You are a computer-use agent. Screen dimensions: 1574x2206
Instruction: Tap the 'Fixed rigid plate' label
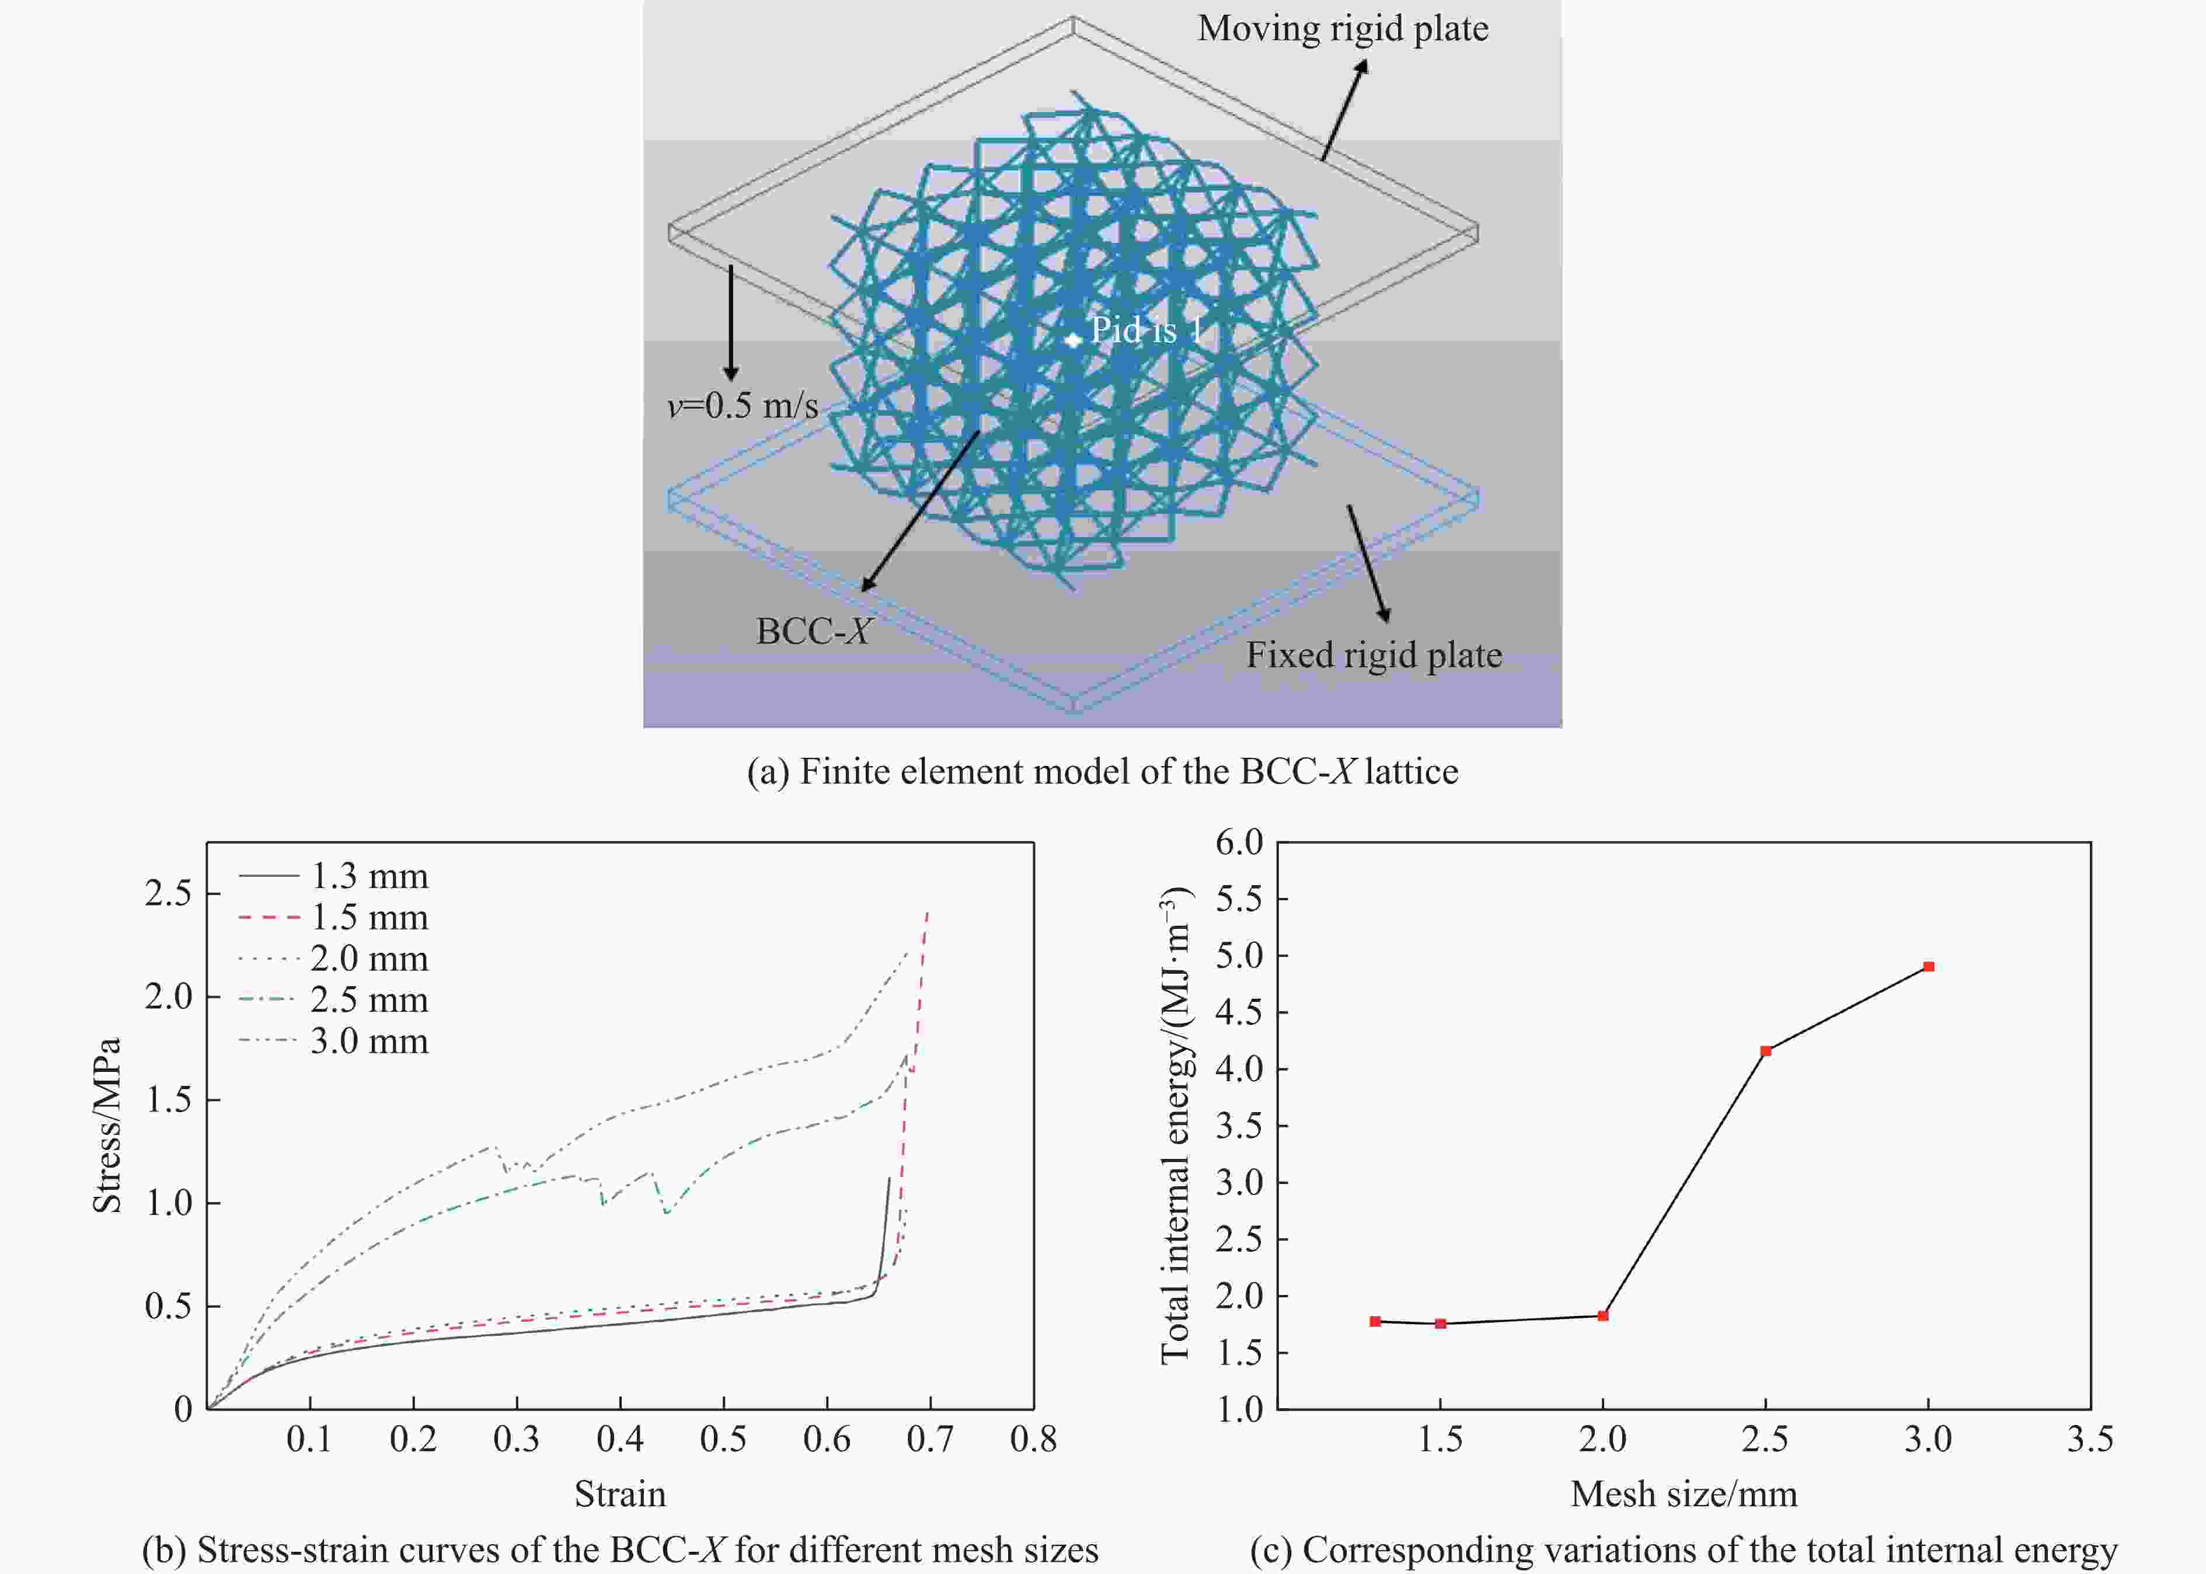pyautogui.click(x=1373, y=655)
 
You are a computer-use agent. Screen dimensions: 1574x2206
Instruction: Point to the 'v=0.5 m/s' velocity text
pyautogui.click(x=743, y=405)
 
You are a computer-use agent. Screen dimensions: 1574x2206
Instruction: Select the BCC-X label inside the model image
pyautogui.click(x=813, y=631)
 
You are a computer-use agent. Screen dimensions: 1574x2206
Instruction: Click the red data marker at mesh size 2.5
pyautogui.click(x=1765, y=1051)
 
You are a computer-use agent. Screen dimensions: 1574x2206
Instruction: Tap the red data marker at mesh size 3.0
pyautogui.click(x=1928, y=966)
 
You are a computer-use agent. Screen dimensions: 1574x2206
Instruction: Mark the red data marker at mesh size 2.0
pyautogui.click(x=1602, y=1315)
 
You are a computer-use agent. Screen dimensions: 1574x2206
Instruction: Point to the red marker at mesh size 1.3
pyautogui.click(x=1375, y=1321)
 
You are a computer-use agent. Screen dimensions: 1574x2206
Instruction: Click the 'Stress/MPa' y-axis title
pyautogui.click(x=107, y=1124)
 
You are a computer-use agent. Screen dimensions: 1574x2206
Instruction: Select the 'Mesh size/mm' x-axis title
pyautogui.click(x=1684, y=1493)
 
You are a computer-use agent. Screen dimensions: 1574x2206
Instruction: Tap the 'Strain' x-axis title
pyautogui.click(x=620, y=1493)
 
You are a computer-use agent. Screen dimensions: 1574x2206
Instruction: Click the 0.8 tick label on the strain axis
pyautogui.click(x=1033, y=1439)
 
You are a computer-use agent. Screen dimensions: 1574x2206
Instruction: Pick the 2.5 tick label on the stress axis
pyautogui.click(x=169, y=893)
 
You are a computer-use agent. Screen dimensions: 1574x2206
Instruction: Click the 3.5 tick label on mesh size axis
pyautogui.click(x=2090, y=1439)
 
